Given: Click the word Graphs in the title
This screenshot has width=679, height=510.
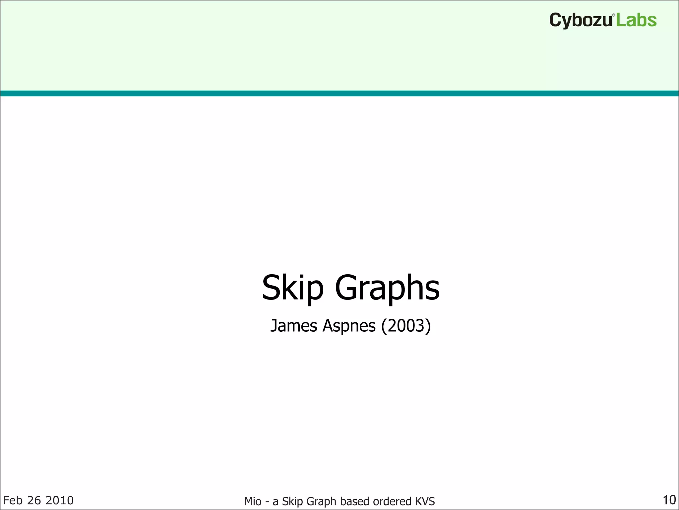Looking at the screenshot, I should (387, 288).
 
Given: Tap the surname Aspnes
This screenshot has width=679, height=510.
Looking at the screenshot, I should (349, 326).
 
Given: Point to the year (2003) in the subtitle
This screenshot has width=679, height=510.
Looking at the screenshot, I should (406, 326).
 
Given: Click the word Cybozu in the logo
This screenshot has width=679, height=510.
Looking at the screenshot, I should (581, 20).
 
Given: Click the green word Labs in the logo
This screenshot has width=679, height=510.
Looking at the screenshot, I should (636, 20).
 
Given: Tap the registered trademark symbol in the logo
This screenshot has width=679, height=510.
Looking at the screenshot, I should (614, 15).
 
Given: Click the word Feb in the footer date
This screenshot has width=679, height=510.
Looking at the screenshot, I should (13, 500).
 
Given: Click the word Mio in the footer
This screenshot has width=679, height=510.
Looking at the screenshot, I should (253, 501).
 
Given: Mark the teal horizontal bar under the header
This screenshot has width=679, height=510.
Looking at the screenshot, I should (339, 93).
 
